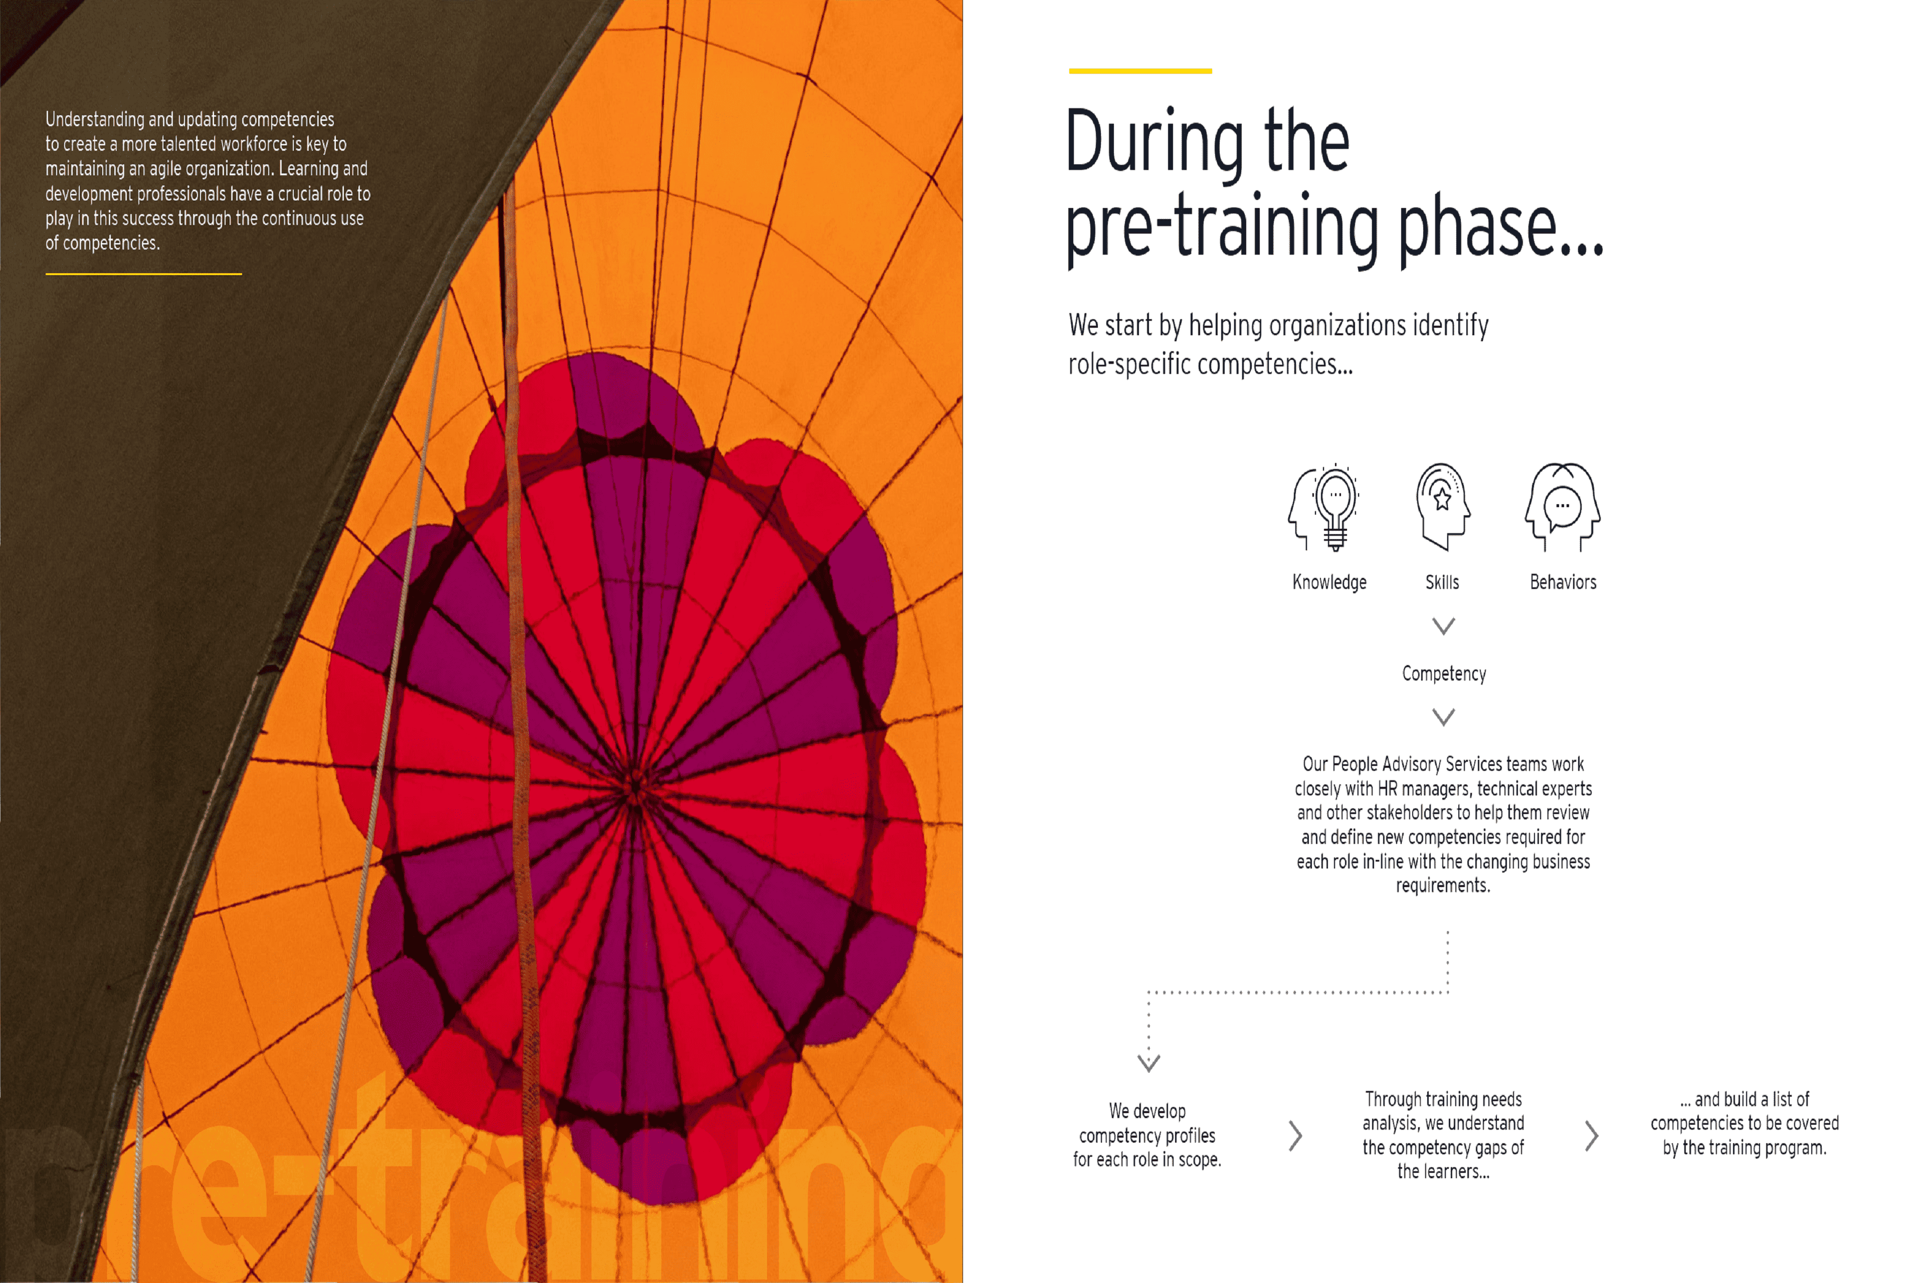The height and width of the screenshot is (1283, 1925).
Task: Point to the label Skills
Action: pos(1442,582)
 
